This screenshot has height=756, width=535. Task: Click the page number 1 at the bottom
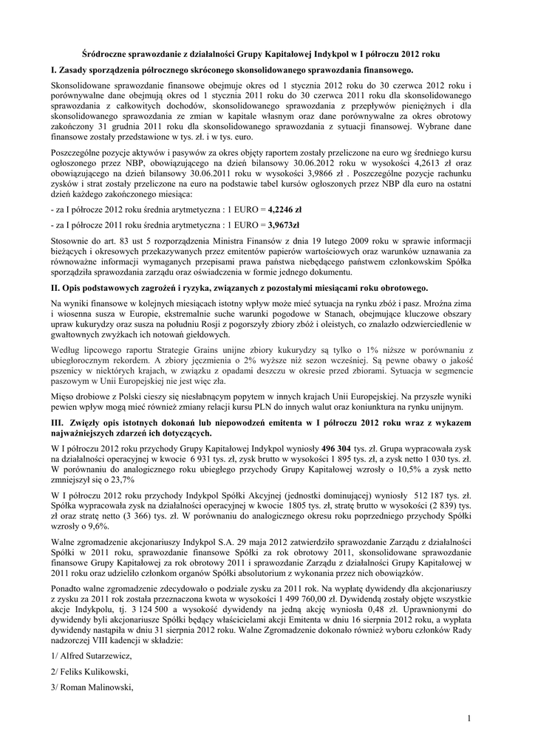[469, 718]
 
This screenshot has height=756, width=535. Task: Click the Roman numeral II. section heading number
[57, 287]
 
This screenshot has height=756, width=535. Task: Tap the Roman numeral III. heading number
[59, 420]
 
